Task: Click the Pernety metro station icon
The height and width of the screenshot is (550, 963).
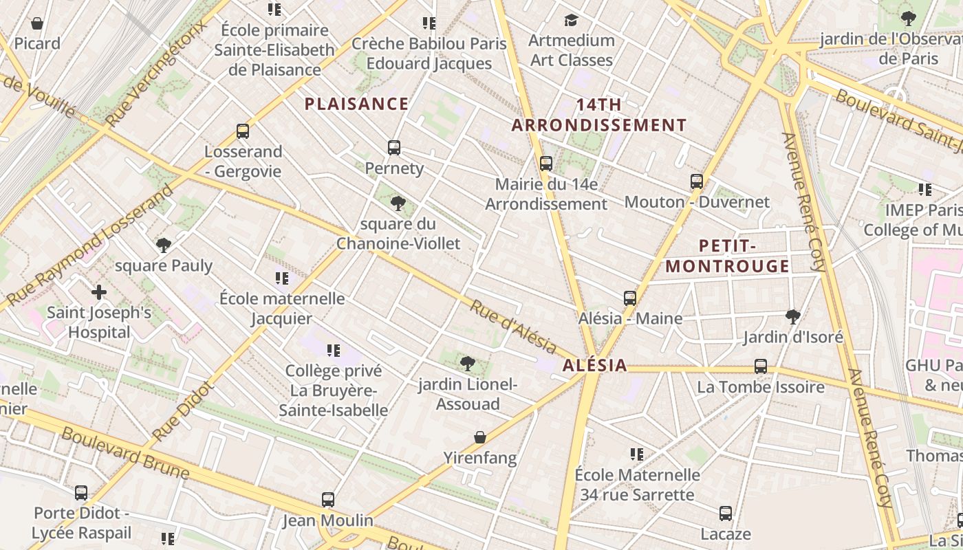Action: [394, 147]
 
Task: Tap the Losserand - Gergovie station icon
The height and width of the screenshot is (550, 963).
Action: [242, 131]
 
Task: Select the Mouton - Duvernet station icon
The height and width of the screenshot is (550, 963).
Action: [697, 181]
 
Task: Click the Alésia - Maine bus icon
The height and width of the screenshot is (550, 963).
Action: [630, 298]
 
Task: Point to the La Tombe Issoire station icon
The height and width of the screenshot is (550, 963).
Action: [761, 366]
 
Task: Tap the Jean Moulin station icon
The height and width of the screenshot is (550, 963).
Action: [328, 500]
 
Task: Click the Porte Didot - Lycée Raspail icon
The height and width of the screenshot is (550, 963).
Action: [81, 493]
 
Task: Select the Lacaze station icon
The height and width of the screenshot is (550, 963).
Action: [726, 514]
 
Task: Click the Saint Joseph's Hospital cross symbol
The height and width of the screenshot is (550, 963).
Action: [99, 292]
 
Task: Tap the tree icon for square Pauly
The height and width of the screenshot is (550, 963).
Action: [164, 245]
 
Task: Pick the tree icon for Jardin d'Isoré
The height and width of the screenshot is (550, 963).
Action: [793, 316]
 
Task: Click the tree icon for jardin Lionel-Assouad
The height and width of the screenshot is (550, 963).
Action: [468, 364]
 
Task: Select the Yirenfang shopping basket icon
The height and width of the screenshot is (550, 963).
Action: [480, 437]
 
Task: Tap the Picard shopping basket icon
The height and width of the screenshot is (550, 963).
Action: [37, 23]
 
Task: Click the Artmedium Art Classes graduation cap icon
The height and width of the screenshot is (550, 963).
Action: [571, 19]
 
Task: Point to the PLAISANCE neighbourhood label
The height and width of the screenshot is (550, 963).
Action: [356, 104]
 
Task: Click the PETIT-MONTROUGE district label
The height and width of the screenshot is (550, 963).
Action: [728, 256]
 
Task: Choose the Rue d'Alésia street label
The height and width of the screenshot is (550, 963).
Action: [513, 326]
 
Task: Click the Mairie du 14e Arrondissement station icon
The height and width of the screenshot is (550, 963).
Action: [546, 164]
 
